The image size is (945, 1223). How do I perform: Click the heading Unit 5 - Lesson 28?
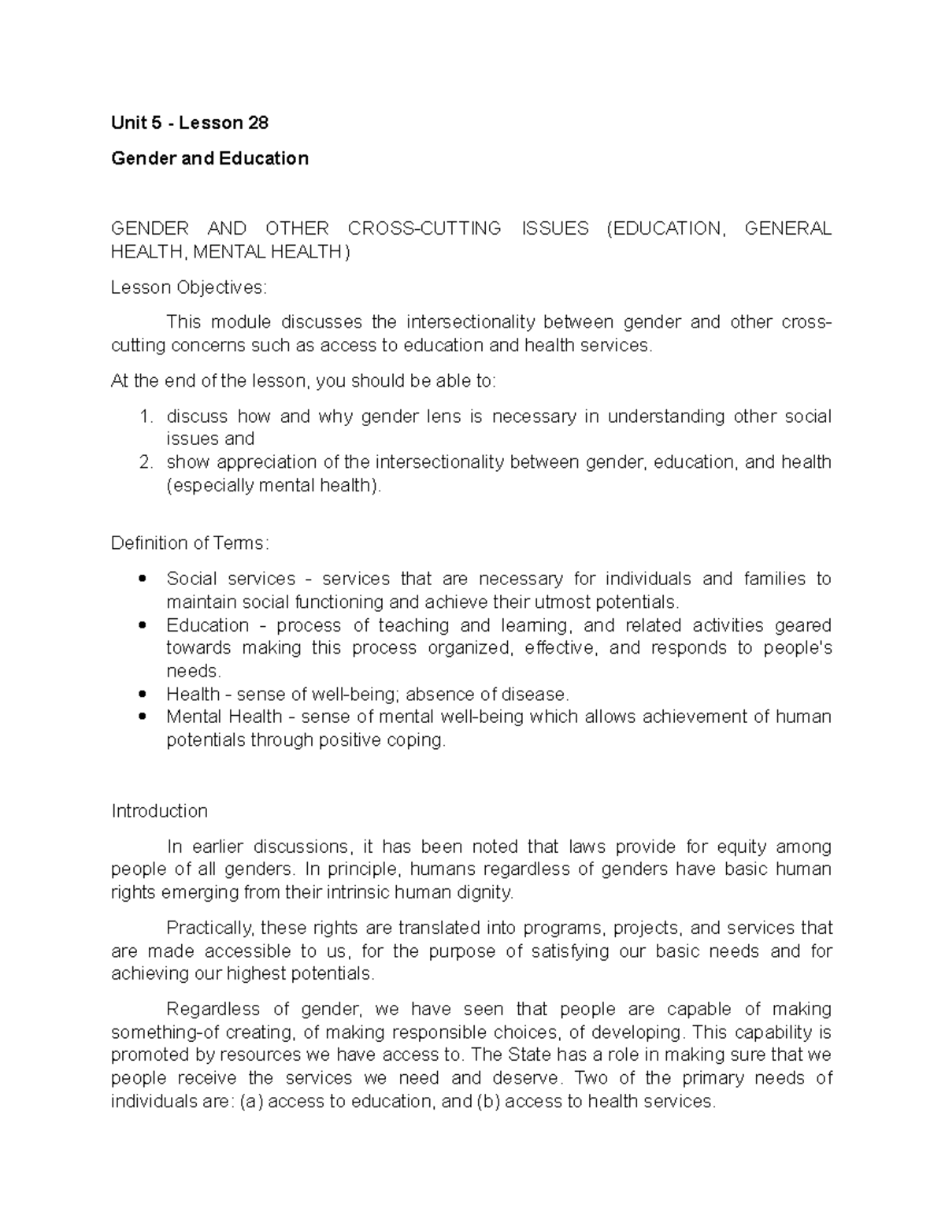[190, 123]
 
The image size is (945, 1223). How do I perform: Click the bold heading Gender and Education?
[209, 158]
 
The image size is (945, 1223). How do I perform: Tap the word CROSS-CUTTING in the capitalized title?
[424, 228]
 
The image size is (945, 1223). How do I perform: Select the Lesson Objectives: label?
[189, 287]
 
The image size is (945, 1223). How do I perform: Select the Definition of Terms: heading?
[191, 543]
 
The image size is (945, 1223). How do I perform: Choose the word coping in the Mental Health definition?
[421, 740]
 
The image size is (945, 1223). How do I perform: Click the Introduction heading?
[159, 811]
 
